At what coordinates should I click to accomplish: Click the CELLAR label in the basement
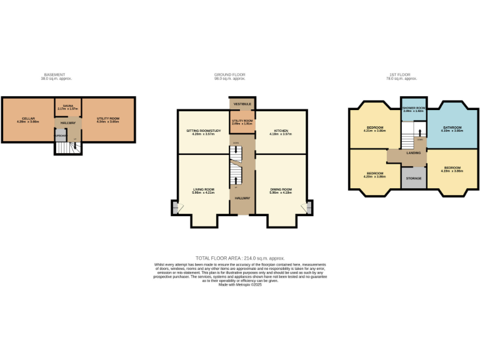pyautogui.click(x=28, y=118)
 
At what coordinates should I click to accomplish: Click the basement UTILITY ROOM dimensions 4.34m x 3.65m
pyautogui.click(x=107, y=121)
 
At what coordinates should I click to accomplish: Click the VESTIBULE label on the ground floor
pyautogui.click(x=242, y=104)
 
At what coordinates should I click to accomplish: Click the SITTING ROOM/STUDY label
pyautogui.click(x=203, y=131)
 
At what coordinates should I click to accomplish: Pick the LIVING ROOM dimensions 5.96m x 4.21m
pyautogui.click(x=203, y=192)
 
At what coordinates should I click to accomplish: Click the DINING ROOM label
pyautogui.click(x=281, y=189)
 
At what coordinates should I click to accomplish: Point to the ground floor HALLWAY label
pyautogui.click(x=242, y=198)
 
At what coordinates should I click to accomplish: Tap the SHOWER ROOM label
pyautogui.click(x=413, y=108)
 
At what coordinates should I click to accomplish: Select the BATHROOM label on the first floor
pyautogui.click(x=452, y=127)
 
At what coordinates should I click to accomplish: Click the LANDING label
pyautogui.click(x=413, y=152)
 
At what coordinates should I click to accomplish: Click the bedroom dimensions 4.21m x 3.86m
pyautogui.click(x=376, y=131)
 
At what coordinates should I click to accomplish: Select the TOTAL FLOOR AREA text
pyautogui.click(x=240, y=258)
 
